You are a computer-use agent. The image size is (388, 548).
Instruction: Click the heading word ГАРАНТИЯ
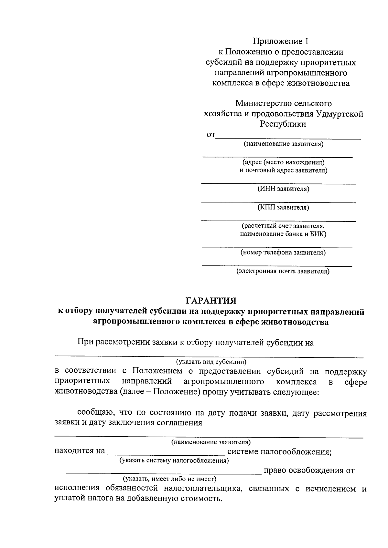211,301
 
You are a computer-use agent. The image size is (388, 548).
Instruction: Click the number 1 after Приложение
307,41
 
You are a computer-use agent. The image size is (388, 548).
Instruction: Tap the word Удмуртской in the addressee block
339,114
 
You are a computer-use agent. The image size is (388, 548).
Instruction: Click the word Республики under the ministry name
283,124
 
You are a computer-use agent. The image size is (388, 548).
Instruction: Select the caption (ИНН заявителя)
283,189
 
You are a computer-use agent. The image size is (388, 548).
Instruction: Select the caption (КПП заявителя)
283,207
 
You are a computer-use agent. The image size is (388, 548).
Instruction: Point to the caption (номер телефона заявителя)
283,253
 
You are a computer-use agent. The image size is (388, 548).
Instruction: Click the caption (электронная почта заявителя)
283,271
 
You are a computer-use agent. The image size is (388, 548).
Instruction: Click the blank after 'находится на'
166,452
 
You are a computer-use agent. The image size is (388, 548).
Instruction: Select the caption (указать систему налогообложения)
174,460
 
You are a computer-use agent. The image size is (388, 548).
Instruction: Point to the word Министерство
263,104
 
